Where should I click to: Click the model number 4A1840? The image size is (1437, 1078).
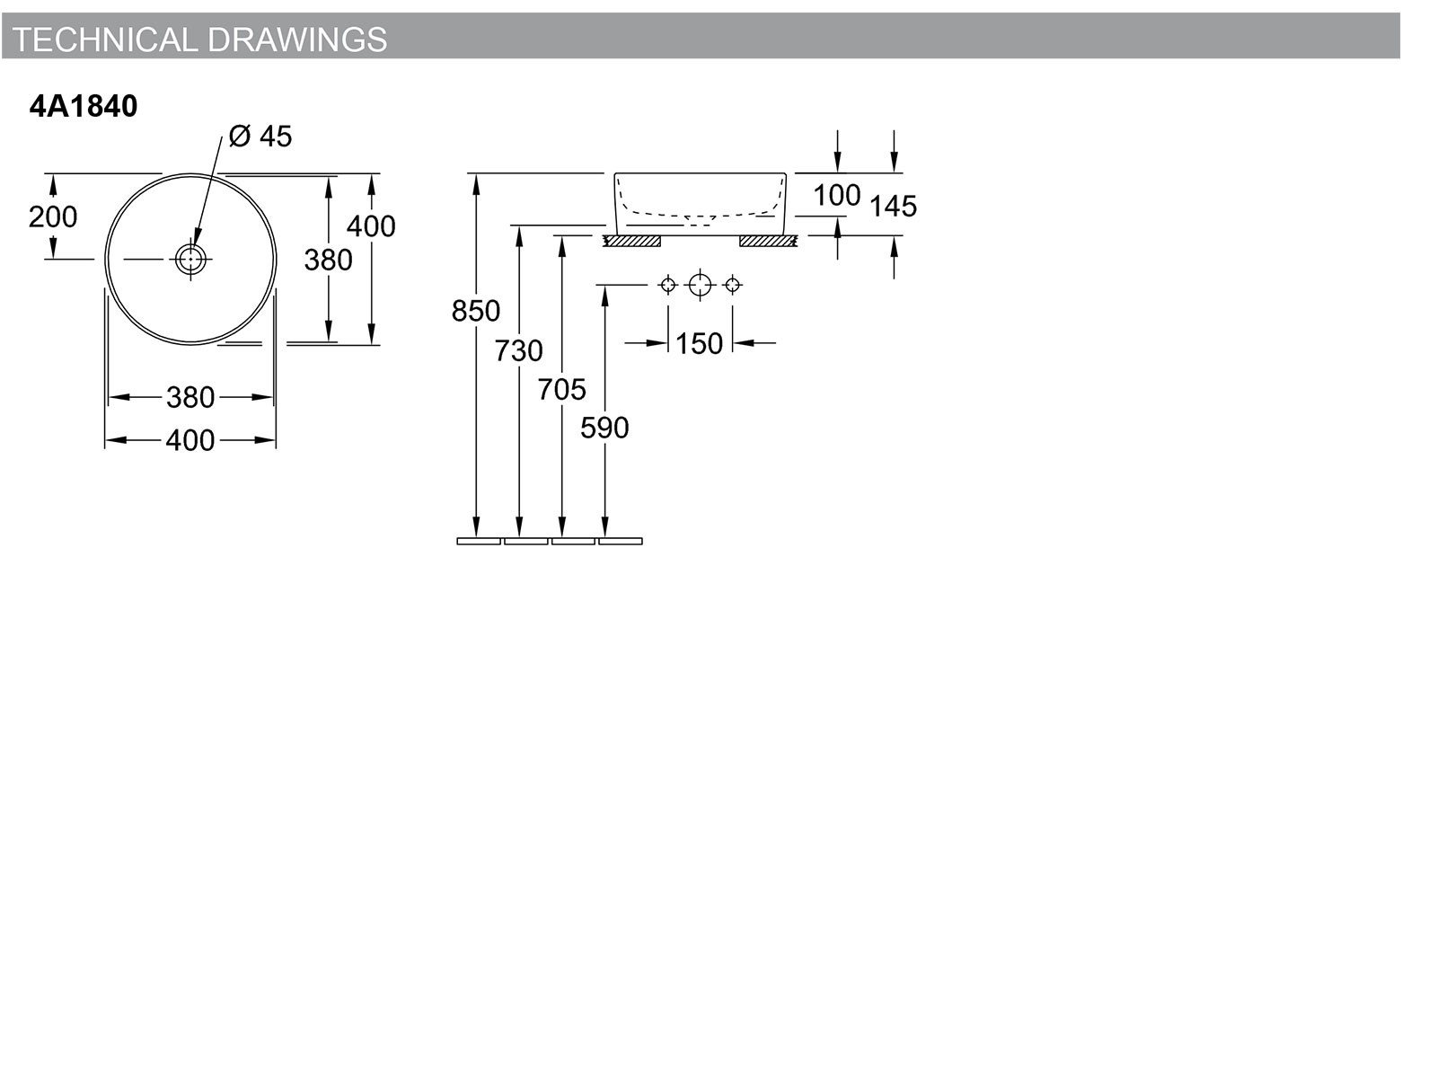pos(84,106)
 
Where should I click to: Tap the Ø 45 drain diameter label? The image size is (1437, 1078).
pos(260,137)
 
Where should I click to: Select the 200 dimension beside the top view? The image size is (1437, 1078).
pos(53,216)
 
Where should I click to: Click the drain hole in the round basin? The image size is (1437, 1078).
pos(190,260)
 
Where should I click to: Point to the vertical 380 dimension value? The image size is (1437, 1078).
pos(328,260)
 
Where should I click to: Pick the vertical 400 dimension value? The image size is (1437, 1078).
pos(371,226)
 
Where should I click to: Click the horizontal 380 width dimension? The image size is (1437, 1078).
pos(190,397)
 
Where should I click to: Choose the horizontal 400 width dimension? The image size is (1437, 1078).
pos(190,440)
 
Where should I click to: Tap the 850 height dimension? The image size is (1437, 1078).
pos(476,310)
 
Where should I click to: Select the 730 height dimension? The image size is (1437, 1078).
pos(518,351)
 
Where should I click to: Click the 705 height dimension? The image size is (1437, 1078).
pos(561,390)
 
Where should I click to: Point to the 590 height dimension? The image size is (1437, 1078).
pos(604,429)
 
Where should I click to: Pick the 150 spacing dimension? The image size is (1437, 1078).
pos(699,344)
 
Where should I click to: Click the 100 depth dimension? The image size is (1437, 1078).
pos(837,195)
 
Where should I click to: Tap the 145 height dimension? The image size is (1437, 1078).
pos(893,207)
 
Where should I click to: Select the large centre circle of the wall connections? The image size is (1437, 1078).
pos(700,285)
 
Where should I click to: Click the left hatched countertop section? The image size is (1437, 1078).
pos(632,242)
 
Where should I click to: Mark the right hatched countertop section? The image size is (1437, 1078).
pos(768,242)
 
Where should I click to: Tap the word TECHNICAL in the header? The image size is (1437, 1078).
pos(105,40)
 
